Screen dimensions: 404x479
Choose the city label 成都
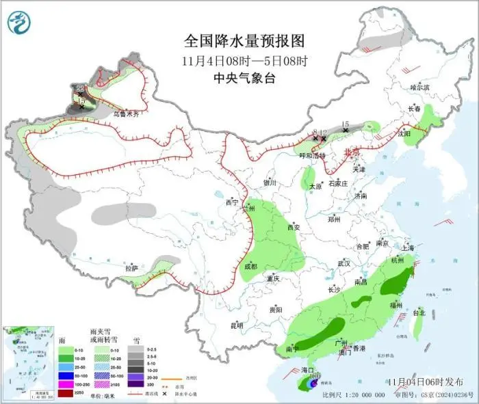250,267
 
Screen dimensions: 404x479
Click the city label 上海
409,247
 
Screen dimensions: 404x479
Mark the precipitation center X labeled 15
346,129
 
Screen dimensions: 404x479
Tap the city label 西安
294,228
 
